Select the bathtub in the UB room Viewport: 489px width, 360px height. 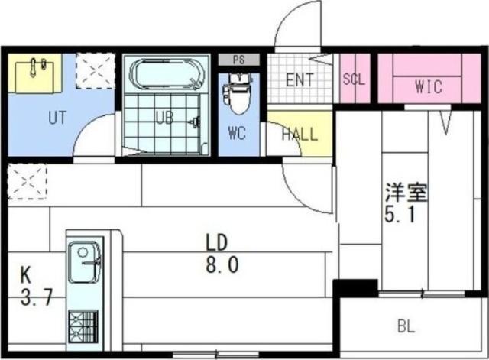pos(166,76)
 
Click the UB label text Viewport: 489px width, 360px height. pos(165,118)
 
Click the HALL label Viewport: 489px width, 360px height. pos(299,135)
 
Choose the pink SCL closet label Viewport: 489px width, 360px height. pos(354,79)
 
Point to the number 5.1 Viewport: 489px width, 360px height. pos(400,216)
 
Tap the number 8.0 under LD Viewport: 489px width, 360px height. pos(222,266)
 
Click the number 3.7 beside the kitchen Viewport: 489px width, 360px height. pos(36,297)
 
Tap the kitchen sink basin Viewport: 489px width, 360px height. pos(84,262)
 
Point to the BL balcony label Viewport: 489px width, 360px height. pos(406,327)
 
